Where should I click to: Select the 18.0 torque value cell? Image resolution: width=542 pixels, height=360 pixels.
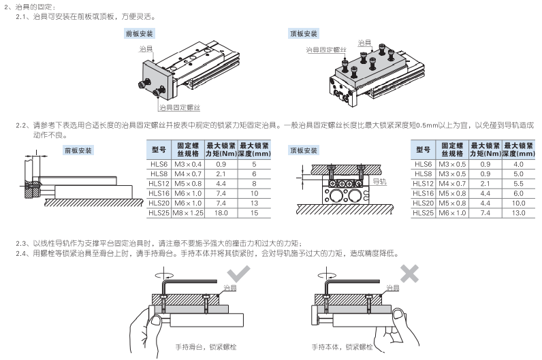pos(221,213)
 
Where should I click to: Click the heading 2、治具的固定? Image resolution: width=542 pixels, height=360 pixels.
pos(25,6)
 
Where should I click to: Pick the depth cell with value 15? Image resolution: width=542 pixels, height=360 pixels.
pos(254,213)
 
